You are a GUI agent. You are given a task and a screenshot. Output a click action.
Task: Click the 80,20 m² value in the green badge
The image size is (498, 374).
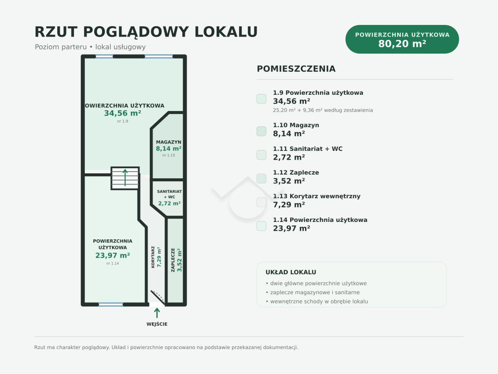(402, 44)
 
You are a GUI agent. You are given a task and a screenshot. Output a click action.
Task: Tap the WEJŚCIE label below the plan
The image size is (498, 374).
(157, 324)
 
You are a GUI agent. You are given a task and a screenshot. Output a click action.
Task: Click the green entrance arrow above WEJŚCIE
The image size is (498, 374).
(157, 312)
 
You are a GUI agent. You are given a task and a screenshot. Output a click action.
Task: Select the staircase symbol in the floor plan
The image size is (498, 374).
(125, 178)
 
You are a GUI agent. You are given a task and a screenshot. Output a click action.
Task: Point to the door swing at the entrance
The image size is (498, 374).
(157, 297)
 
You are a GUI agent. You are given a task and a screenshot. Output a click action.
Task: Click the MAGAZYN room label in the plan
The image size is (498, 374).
(168, 142)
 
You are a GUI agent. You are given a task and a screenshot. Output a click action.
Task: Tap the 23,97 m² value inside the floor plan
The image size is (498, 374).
(112, 256)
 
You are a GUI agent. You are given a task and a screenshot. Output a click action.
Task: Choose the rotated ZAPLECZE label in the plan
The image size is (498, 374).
(173, 260)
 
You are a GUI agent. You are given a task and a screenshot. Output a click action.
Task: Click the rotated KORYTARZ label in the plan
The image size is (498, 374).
(153, 257)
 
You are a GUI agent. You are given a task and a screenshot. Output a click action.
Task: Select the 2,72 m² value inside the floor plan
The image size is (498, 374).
(169, 203)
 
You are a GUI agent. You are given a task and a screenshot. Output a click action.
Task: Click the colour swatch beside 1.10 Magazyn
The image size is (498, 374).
(261, 131)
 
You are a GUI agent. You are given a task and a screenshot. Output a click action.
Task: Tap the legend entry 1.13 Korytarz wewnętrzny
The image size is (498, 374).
(317, 196)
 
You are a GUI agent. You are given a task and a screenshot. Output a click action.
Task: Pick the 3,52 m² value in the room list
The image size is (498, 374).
(289, 181)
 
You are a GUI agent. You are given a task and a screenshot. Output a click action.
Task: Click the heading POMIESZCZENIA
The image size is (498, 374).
(296, 69)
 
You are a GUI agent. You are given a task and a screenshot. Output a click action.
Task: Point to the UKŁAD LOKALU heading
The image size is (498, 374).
(290, 272)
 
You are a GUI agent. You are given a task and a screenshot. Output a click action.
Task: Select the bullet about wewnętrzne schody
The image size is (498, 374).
(317, 302)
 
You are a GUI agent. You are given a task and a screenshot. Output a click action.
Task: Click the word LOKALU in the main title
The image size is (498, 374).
(226, 32)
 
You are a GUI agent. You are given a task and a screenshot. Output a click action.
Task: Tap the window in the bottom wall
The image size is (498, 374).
(111, 305)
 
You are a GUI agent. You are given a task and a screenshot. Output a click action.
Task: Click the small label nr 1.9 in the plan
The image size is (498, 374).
(122, 121)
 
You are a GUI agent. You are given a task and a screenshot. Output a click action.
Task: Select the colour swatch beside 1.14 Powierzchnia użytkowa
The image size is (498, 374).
(261, 226)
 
